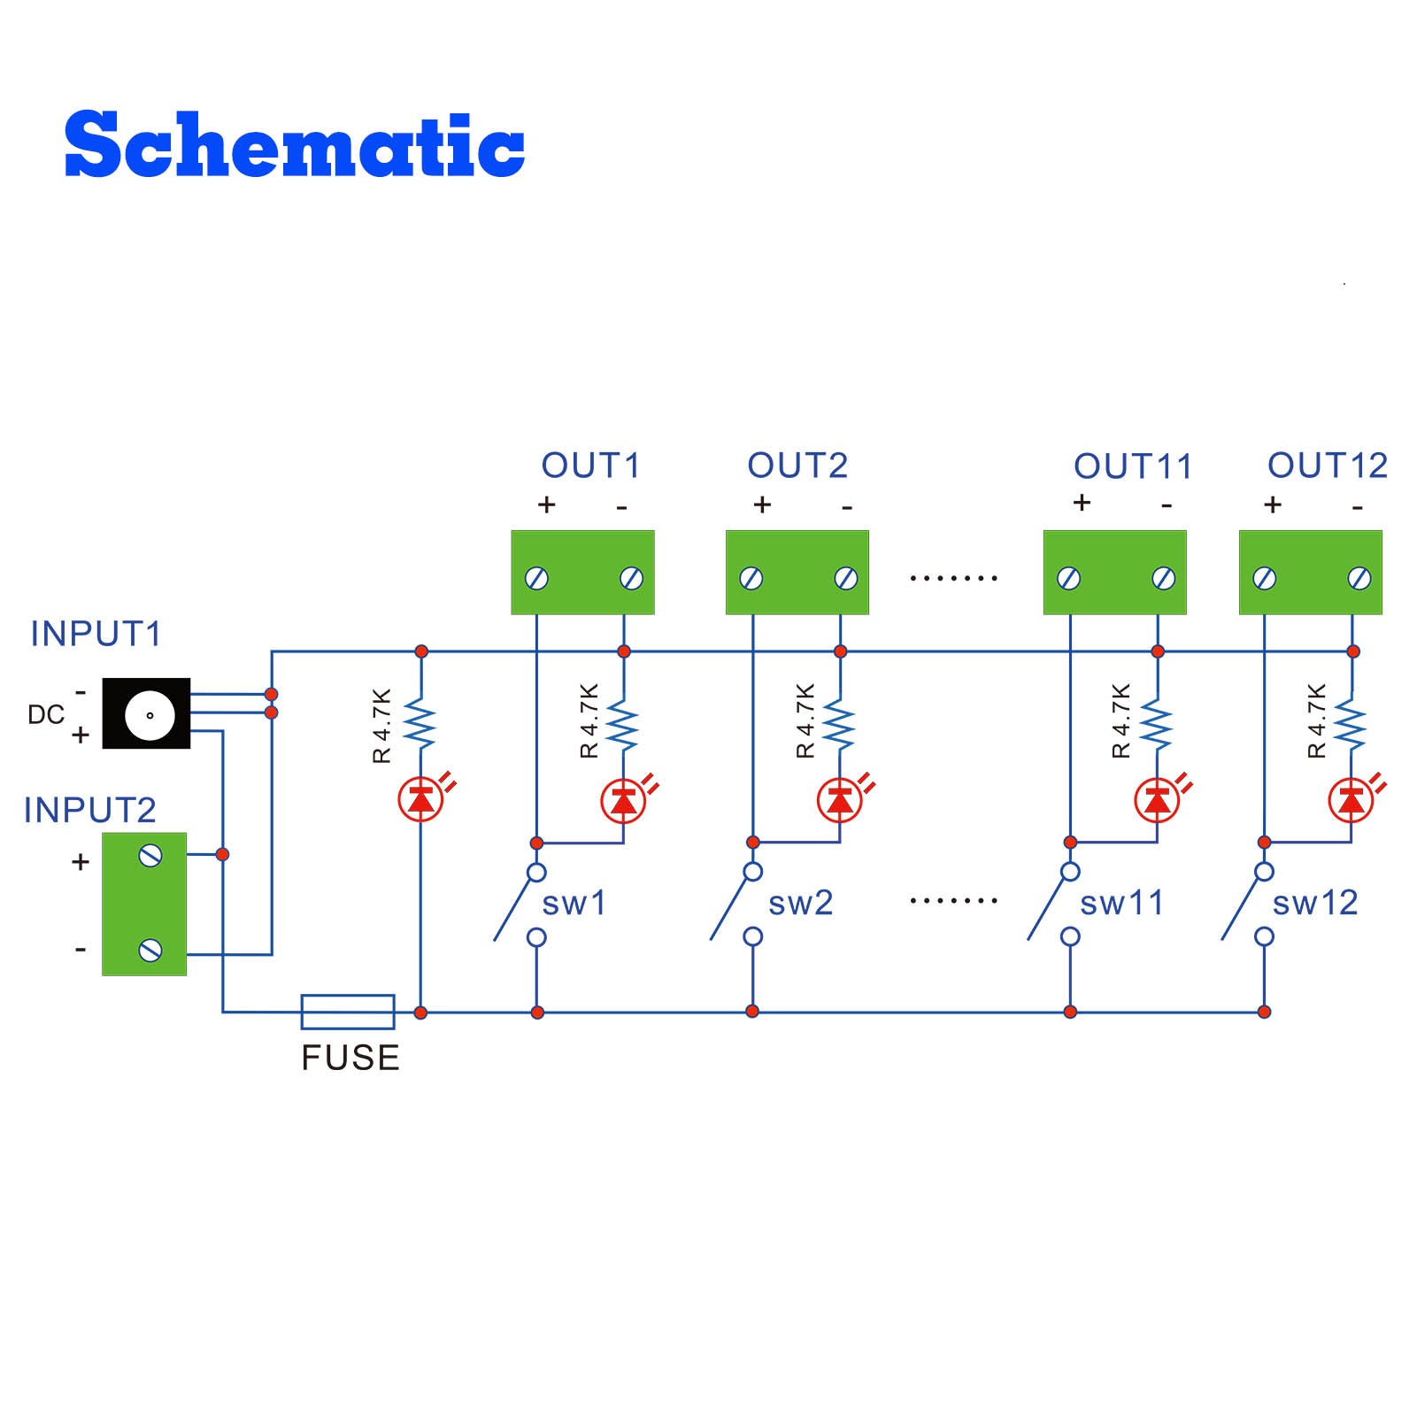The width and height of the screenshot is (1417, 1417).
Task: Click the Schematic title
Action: pyautogui.click(x=295, y=144)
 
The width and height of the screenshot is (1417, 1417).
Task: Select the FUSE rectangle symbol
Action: pyautogui.click(x=348, y=1012)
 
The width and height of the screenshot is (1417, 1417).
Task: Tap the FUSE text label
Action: pyautogui.click(x=350, y=1059)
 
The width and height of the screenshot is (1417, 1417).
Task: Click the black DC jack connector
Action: pyautogui.click(x=147, y=713)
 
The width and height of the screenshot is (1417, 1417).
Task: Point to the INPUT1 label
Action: pyautogui.click(x=96, y=634)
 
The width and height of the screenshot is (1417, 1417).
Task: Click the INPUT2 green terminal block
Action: pyautogui.click(x=144, y=904)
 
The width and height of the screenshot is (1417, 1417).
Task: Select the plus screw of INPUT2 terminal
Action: pyautogui.click(x=150, y=855)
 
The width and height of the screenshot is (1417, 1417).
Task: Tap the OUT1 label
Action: pyautogui.click(x=590, y=466)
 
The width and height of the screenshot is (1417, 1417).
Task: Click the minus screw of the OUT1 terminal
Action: pyautogui.click(x=631, y=578)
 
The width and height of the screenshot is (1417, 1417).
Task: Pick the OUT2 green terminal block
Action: pyautogui.click(x=797, y=573)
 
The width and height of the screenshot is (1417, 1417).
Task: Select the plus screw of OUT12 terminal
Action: pyautogui.click(x=1265, y=578)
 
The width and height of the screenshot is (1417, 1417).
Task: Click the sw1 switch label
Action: pyautogui.click(x=574, y=904)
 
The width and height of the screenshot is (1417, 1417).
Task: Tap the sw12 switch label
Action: pyautogui.click(x=1315, y=903)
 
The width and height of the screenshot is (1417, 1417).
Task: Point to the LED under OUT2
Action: pyautogui.click(x=840, y=801)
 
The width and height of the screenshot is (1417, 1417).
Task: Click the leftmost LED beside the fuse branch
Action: pyautogui.click(x=420, y=801)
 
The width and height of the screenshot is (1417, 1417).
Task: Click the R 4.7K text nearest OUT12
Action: pyautogui.click(x=1317, y=721)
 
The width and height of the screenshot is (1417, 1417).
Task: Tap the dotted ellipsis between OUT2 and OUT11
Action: pyautogui.click(x=953, y=579)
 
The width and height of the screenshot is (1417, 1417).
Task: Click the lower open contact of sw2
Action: pyautogui.click(x=753, y=936)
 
